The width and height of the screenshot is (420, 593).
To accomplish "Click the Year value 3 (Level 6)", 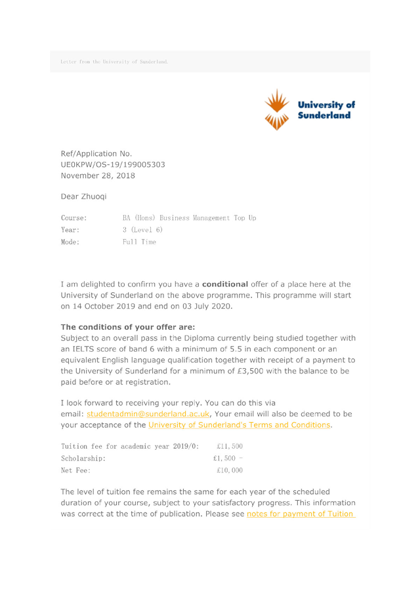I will (142, 229).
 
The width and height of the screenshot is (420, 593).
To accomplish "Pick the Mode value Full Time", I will (138, 242).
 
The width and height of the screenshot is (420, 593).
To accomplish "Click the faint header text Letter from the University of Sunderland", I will (114, 62).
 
